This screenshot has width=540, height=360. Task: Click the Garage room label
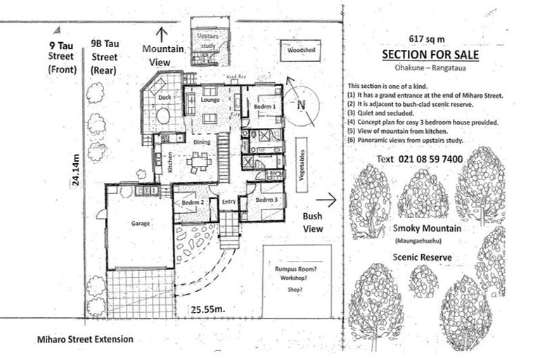point(137,224)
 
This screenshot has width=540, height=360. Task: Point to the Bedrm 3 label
point(266,200)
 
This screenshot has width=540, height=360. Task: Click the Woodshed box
point(300,51)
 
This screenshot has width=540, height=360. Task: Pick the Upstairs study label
point(209,39)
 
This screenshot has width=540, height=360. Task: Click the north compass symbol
point(301,104)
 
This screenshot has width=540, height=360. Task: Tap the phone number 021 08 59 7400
point(430,159)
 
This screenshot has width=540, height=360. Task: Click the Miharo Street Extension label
point(85,339)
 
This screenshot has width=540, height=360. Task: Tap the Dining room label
point(202,141)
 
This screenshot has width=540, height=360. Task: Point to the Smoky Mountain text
point(427,229)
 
